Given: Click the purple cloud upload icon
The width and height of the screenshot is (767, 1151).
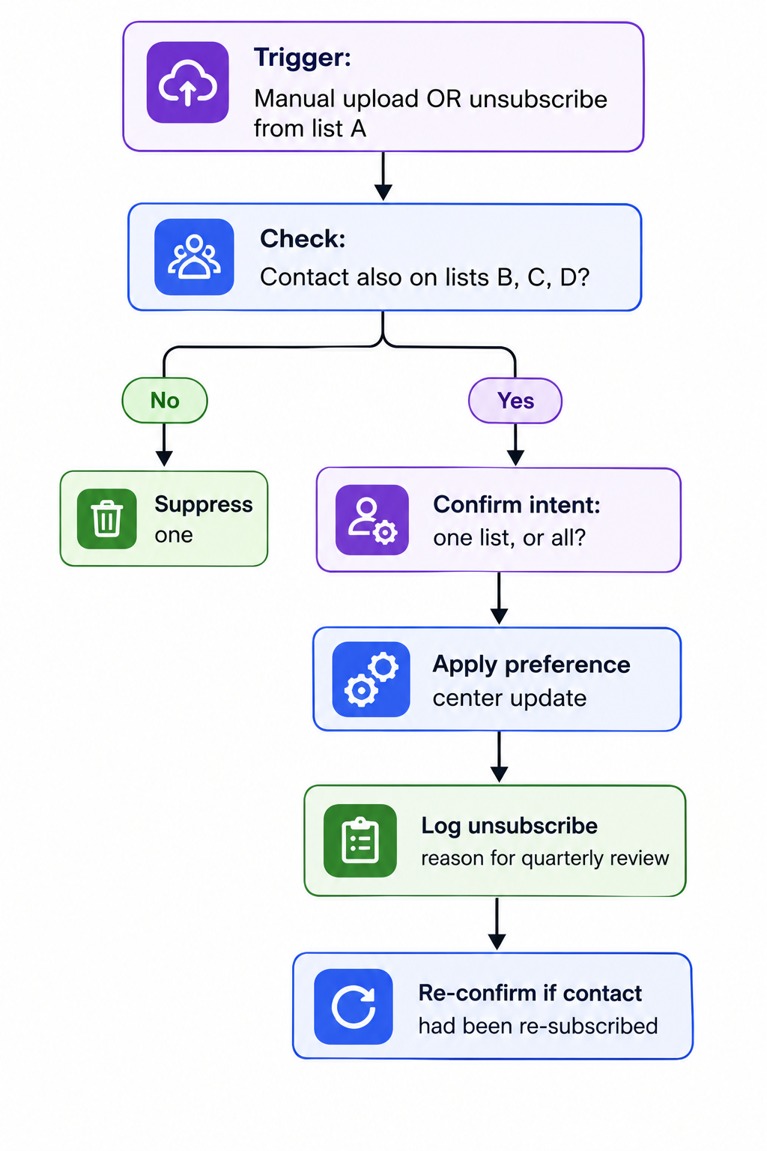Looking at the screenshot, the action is tap(187, 82).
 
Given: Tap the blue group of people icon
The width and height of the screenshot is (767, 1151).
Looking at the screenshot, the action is tap(194, 256).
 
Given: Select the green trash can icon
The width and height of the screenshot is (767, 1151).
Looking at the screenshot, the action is tap(107, 519).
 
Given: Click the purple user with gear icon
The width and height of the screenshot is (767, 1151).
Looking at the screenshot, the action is tap(372, 519).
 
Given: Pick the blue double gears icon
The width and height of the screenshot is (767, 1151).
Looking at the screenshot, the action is tap(371, 679).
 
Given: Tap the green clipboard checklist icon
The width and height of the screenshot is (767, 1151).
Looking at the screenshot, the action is tap(360, 840).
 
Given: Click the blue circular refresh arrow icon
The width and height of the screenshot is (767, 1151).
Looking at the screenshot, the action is tap(354, 1006).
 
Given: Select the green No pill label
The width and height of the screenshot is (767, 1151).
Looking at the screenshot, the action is tap(164, 400).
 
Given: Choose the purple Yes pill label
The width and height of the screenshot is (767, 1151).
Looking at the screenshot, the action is tap(515, 401).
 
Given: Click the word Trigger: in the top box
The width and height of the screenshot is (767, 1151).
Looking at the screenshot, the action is tap(303, 57).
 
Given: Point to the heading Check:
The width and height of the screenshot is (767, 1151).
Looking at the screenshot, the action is tap(303, 238).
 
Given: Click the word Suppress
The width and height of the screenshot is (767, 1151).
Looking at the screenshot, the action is tap(204, 504).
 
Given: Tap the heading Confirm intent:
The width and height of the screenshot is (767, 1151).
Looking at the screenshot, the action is tap(517, 504).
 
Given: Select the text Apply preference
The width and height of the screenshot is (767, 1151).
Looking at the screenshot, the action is tap(531, 665).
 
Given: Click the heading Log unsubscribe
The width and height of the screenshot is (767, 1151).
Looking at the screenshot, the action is tap(509, 827).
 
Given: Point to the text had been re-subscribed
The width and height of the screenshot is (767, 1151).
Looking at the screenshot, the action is tap(538, 1026).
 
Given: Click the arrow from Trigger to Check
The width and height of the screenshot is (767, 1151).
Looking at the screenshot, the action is tap(383, 176).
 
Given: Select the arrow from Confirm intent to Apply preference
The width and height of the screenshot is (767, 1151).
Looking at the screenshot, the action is tap(499, 599).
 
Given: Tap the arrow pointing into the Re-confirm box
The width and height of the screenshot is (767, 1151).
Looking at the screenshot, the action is tap(497, 923).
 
